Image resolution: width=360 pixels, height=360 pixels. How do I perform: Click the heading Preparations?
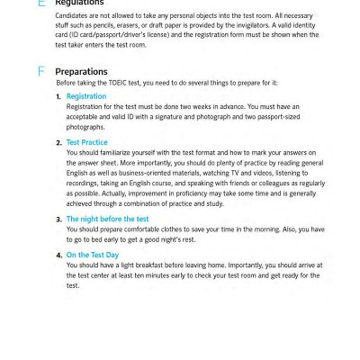[x=81, y=70]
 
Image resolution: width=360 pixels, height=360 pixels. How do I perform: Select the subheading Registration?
[x=86, y=95]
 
